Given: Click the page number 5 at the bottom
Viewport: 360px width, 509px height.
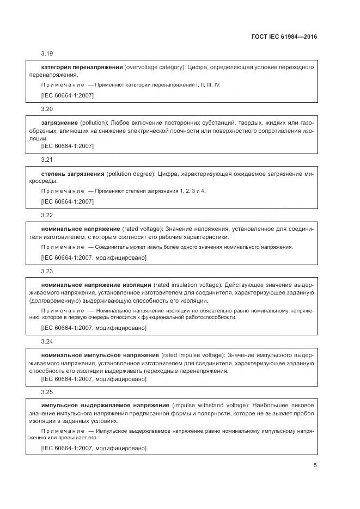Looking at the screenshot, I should click(x=315, y=465).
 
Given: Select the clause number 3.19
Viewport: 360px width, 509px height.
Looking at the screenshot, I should click(x=47, y=54).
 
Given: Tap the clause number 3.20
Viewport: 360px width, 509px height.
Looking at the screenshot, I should click(x=47, y=108).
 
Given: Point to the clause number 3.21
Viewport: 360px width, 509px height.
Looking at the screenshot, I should click(x=47, y=160).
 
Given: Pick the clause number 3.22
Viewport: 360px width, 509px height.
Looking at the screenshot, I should click(x=47, y=215).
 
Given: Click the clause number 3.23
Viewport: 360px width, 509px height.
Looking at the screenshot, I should click(x=47, y=271).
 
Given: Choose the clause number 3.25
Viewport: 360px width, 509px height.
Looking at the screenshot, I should click(x=47, y=391).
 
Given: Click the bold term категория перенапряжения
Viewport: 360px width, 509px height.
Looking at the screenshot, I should click(x=82, y=67).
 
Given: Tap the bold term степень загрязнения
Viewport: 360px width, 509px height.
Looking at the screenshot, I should click(x=72, y=174).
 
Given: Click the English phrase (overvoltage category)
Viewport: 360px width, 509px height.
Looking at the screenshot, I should click(x=155, y=67).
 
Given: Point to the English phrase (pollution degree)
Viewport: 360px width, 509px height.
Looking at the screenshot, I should click(x=130, y=174).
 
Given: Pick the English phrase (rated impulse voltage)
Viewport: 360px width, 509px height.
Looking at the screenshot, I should click(x=193, y=354).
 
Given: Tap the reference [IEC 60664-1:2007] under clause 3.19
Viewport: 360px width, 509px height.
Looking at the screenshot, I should click(x=67, y=95).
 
